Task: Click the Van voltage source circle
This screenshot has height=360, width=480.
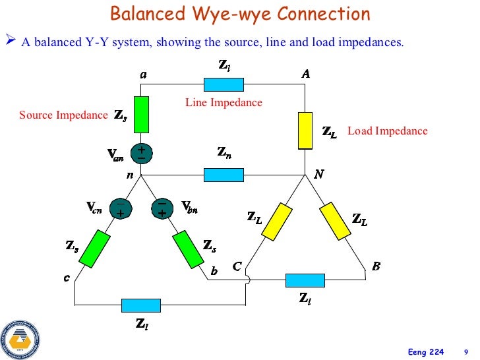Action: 141,154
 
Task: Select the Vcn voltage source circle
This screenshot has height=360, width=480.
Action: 121,208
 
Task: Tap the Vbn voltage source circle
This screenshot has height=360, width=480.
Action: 162,208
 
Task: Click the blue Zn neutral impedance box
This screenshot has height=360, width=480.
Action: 224,175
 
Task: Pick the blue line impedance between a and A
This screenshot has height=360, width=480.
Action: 224,84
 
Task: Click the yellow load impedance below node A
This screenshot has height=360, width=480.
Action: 305,130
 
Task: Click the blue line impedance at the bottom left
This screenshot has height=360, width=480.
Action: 141,305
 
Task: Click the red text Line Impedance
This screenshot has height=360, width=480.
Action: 224,103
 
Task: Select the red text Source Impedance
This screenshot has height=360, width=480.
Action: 63,115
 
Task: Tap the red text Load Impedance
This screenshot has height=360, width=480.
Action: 387,131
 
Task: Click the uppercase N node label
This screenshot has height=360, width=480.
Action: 319,175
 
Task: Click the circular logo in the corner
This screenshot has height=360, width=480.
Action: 20,339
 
